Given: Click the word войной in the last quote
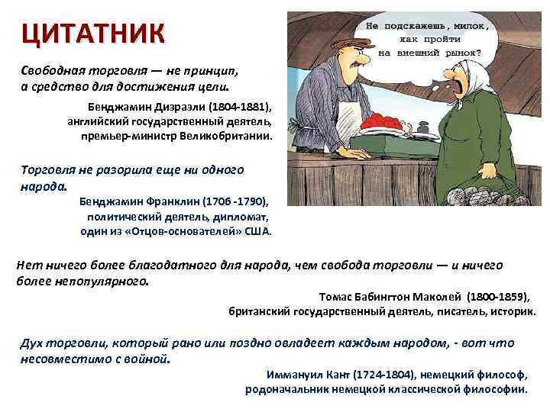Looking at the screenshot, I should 149,358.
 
